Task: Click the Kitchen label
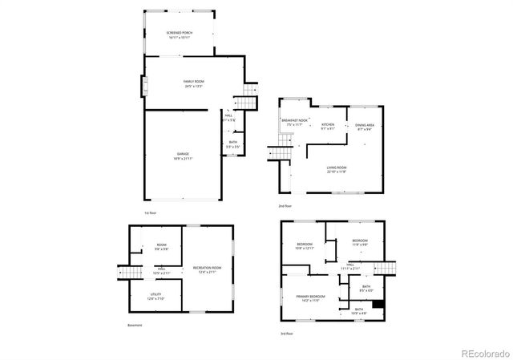tap(328, 126)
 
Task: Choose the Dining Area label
tap(365, 126)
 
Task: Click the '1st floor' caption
tap(150, 212)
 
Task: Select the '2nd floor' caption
tap(285, 207)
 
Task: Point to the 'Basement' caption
tap(134, 325)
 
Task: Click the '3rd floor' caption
tap(286, 332)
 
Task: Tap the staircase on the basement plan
tap(125, 273)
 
